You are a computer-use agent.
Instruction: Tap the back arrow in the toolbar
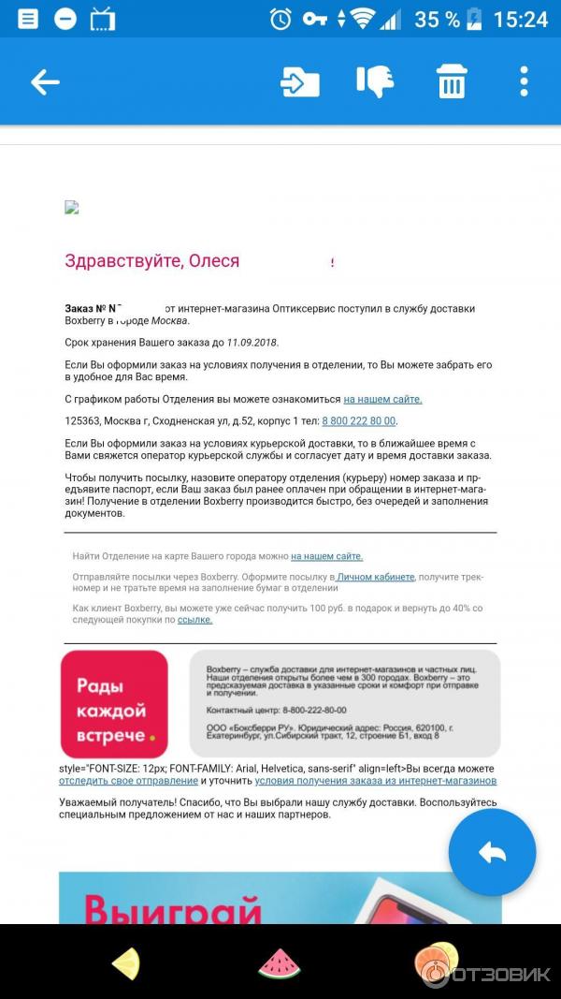click(45, 82)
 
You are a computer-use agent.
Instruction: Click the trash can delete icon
click(452, 82)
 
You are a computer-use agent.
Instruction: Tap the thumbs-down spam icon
click(375, 82)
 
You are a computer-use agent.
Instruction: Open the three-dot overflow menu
click(524, 82)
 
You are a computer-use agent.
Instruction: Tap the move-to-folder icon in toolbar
click(299, 82)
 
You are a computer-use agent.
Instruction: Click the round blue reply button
click(492, 852)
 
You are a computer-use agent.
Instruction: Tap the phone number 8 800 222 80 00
click(359, 421)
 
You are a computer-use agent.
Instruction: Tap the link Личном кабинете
click(376, 577)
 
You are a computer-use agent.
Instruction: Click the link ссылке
click(194, 620)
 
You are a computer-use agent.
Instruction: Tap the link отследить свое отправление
click(128, 780)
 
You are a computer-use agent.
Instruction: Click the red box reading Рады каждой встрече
click(114, 704)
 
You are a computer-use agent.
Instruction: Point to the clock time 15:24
click(519, 19)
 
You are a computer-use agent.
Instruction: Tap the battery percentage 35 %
click(438, 19)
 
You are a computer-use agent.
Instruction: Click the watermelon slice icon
click(279, 962)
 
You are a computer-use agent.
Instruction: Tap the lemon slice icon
click(125, 963)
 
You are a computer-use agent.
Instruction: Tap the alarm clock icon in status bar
click(280, 19)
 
